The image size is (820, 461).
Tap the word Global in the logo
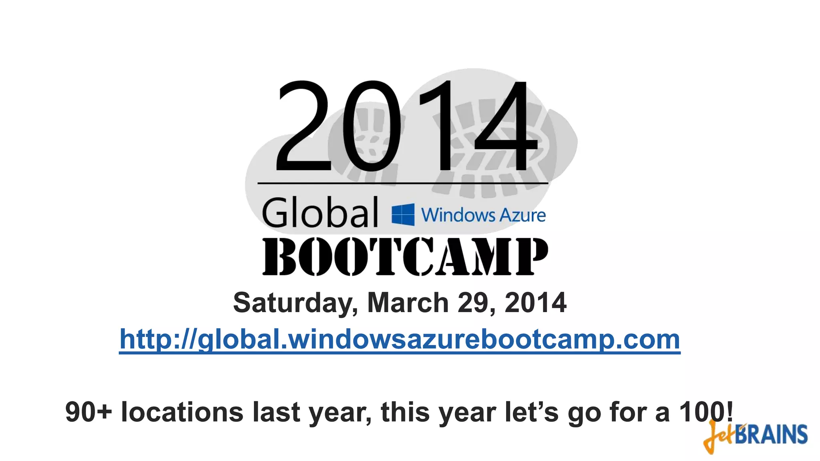pyautogui.click(x=320, y=212)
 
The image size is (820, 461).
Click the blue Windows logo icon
pyautogui.click(x=403, y=214)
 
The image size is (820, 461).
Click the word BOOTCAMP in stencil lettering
pyautogui.click(x=405, y=257)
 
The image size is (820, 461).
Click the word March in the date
pyautogui.click(x=408, y=303)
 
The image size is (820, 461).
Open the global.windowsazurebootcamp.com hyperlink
pyautogui.click(x=400, y=340)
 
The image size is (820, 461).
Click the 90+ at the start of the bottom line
pyautogui.click(x=88, y=412)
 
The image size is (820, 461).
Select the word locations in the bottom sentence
pyautogui.click(x=182, y=412)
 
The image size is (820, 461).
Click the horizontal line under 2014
pyautogui.click(x=402, y=183)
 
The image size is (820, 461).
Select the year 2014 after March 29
pyautogui.click(x=535, y=303)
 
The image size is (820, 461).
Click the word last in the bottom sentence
pyautogui.click(x=276, y=412)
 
